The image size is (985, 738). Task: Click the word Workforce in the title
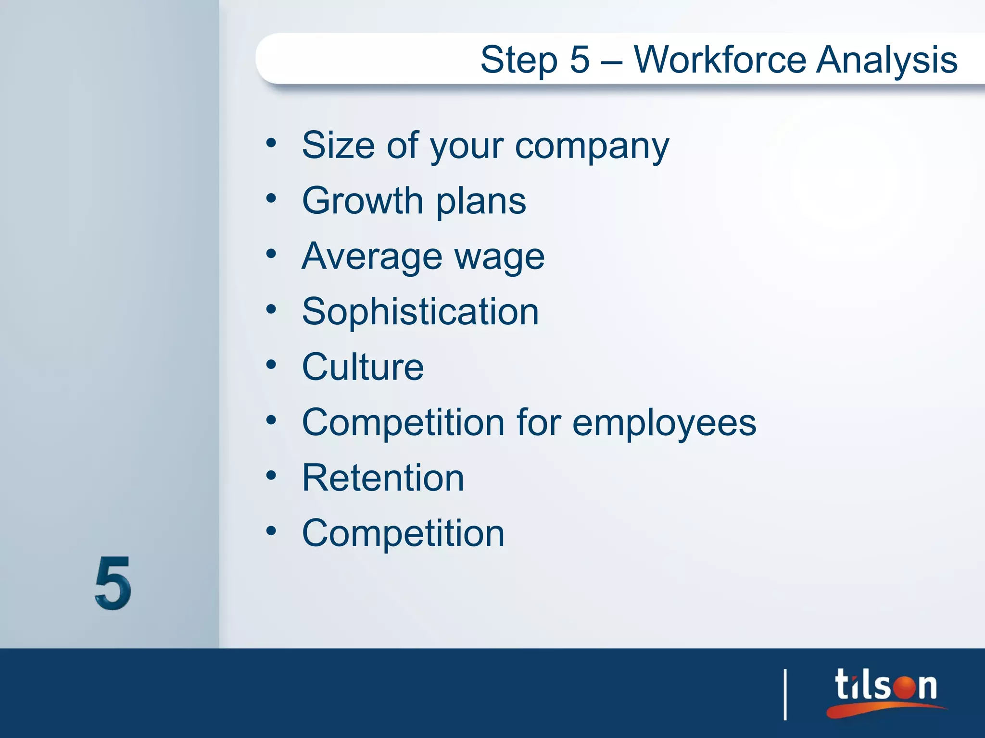(720, 60)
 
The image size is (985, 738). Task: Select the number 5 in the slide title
(580, 60)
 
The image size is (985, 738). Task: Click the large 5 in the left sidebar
(113, 583)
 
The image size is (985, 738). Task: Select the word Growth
(362, 201)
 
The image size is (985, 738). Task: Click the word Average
(371, 257)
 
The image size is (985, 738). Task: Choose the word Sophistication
(420, 312)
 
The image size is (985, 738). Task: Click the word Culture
(363, 367)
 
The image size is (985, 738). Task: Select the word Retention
(383, 478)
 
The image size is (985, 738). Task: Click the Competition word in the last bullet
(403, 534)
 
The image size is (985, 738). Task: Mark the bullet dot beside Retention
(271, 476)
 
